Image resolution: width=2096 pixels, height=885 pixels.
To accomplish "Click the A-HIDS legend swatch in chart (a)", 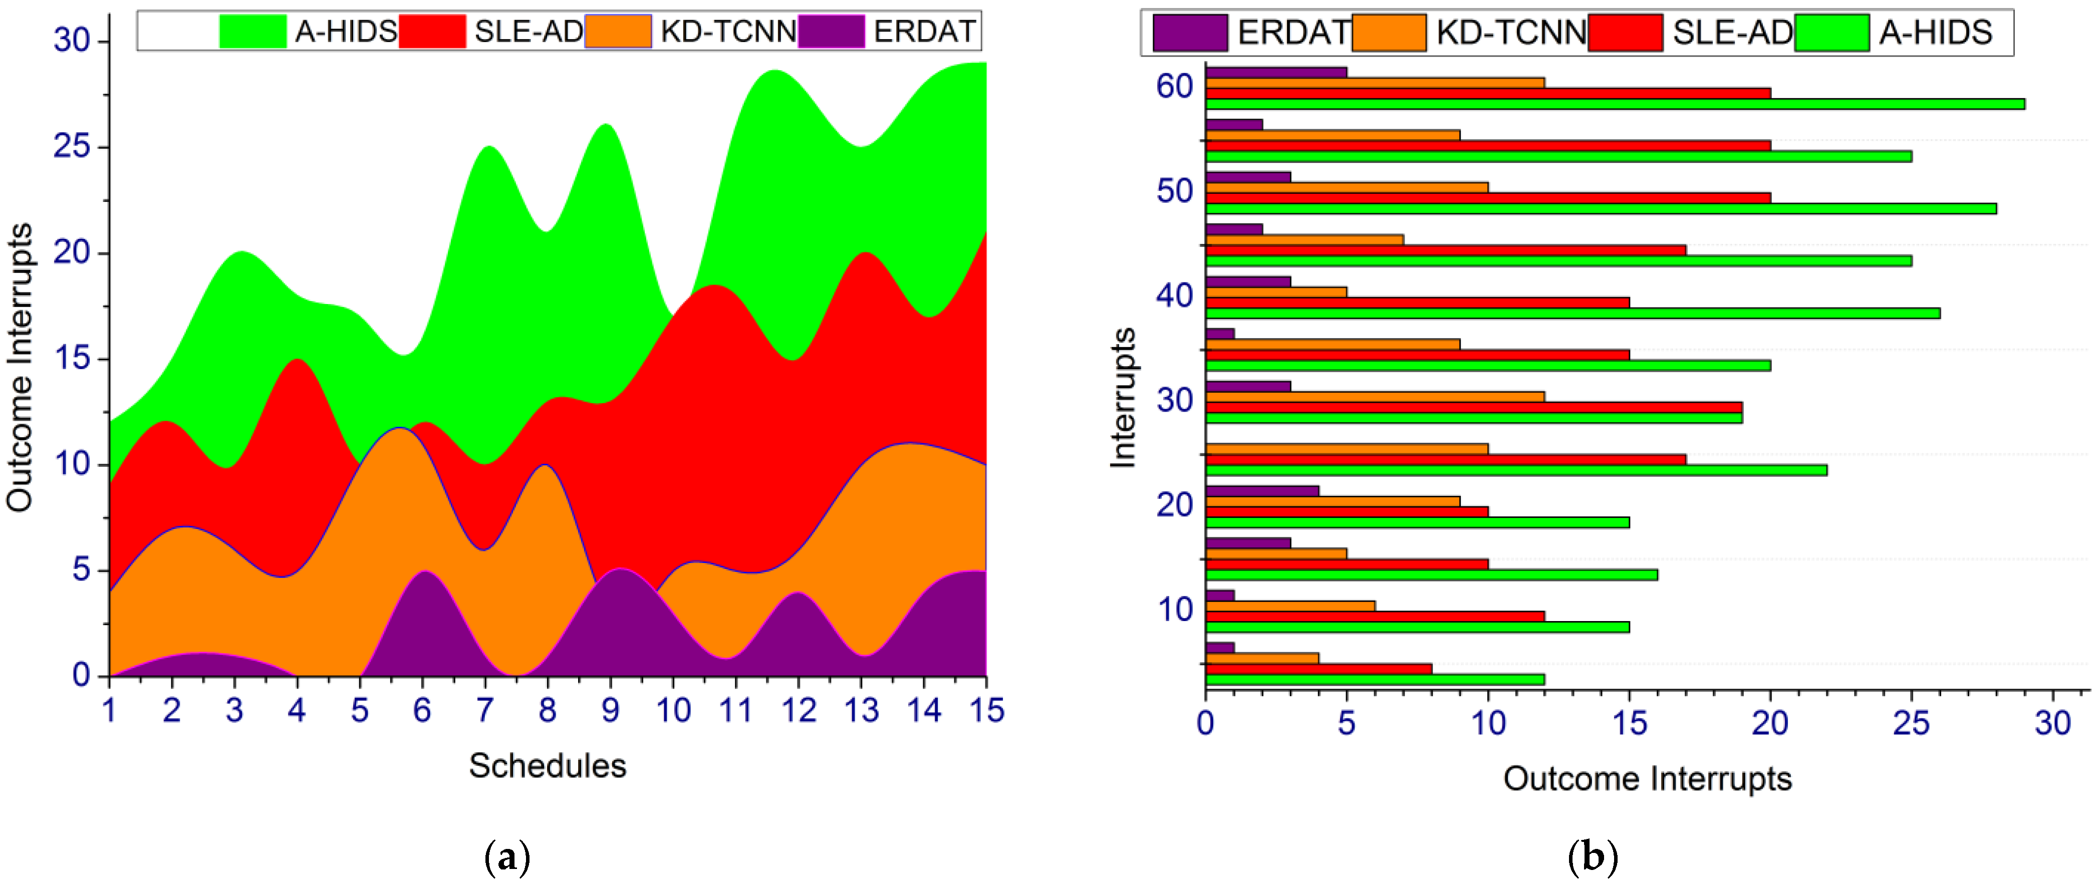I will click(252, 31).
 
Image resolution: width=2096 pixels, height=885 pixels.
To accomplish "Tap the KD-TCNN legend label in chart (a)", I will click(728, 31).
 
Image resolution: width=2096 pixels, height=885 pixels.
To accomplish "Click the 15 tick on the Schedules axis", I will click(986, 711).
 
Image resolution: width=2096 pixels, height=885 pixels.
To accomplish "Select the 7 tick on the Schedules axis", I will click(485, 711).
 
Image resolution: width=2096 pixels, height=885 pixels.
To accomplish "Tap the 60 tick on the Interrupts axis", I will click(1174, 86).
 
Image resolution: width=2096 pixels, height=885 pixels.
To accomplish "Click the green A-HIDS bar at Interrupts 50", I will click(1601, 209).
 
